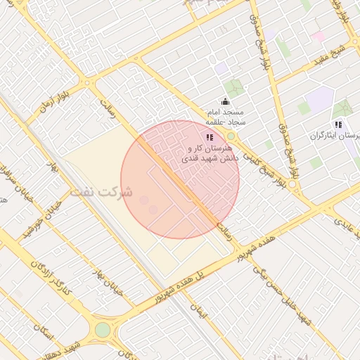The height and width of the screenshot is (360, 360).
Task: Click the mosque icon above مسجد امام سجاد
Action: pos(225,101)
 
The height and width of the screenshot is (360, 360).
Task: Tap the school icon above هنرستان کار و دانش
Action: pos(209,137)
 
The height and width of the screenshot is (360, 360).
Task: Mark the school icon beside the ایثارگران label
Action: pos(338,124)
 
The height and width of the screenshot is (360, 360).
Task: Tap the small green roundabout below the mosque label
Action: pos(231,136)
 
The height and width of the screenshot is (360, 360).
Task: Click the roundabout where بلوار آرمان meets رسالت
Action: pos(88,83)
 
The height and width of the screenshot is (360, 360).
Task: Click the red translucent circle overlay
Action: pos(180,179)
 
